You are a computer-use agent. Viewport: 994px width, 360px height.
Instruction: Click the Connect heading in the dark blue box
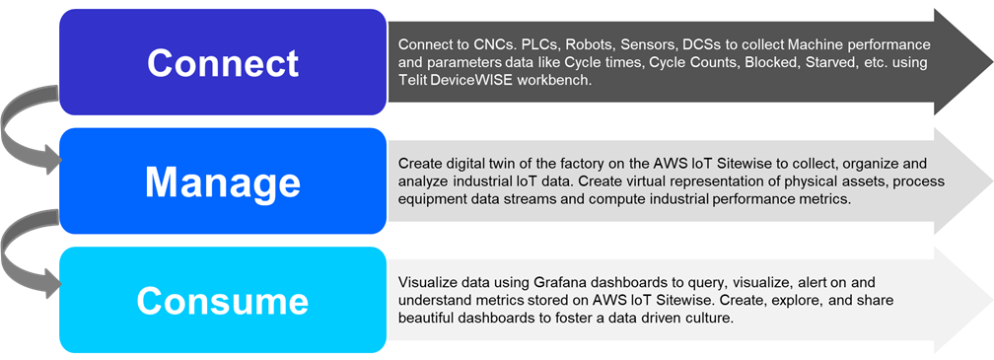click(223, 63)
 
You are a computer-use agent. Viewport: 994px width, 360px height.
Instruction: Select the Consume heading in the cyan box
click(223, 301)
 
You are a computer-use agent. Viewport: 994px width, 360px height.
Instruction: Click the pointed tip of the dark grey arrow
click(992, 62)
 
